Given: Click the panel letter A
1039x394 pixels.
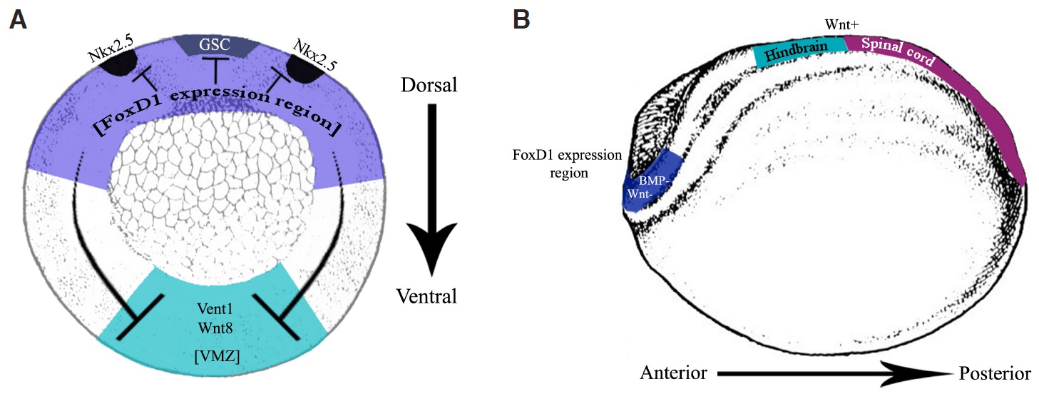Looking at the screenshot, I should [18, 20].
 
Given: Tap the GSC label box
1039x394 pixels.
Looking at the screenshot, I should [215, 45].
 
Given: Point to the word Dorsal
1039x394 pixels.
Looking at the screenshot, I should [428, 86].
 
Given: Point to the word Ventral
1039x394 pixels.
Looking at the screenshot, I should [428, 295].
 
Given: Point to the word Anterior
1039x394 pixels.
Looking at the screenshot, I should [673, 373].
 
